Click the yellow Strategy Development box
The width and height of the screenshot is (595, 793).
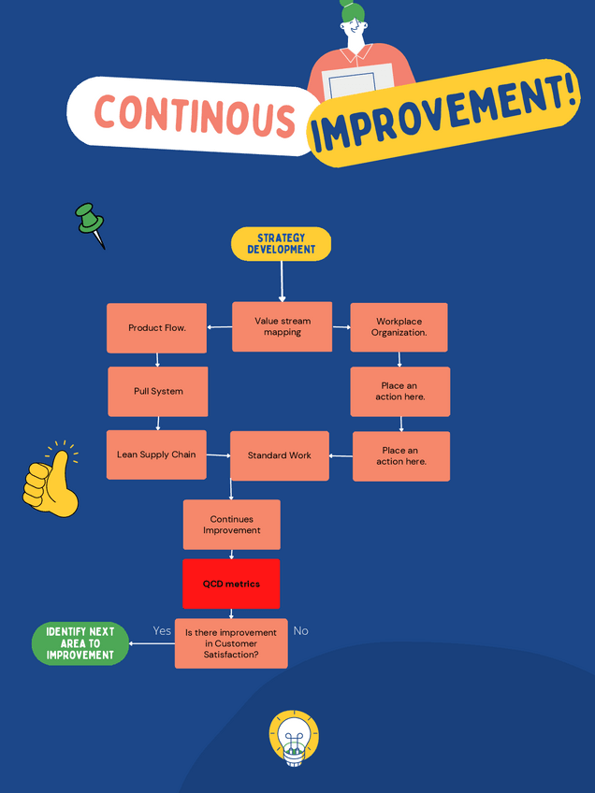pyautogui.click(x=281, y=244)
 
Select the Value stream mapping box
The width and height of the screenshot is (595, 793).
pyautogui.click(x=282, y=326)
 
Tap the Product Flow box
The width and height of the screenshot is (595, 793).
pyautogui.click(x=156, y=328)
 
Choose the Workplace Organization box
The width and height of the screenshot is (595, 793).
pyautogui.click(x=399, y=327)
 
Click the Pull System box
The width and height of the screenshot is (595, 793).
pyautogui.click(x=157, y=391)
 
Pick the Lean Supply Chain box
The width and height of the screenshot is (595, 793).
pyautogui.click(x=156, y=454)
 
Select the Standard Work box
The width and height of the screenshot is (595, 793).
pyautogui.click(x=279, y=455)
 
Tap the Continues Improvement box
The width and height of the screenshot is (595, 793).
pyautogui.click(x=231, y=525)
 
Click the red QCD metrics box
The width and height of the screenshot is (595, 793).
pyautogui.click(x=231, y=584)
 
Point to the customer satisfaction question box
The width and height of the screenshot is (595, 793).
pyautogui.click(x=230, y=643)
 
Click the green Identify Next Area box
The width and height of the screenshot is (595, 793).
pyautogui.click(x=80, y=643)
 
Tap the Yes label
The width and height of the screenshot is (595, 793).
pyautogui.click(x=162, y=630)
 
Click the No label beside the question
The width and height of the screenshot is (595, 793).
pyautogui.click(x=300, y=630)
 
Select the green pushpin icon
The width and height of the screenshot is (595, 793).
pyautogui.click(x=90, y=223)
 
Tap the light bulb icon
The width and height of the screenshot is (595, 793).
pyautogui.click(x=294, y=738)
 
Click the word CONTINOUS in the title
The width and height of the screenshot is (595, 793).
pyautogui.click(x=195, y=115)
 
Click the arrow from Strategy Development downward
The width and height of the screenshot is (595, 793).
pyautogui.click(x=282, y=281)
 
